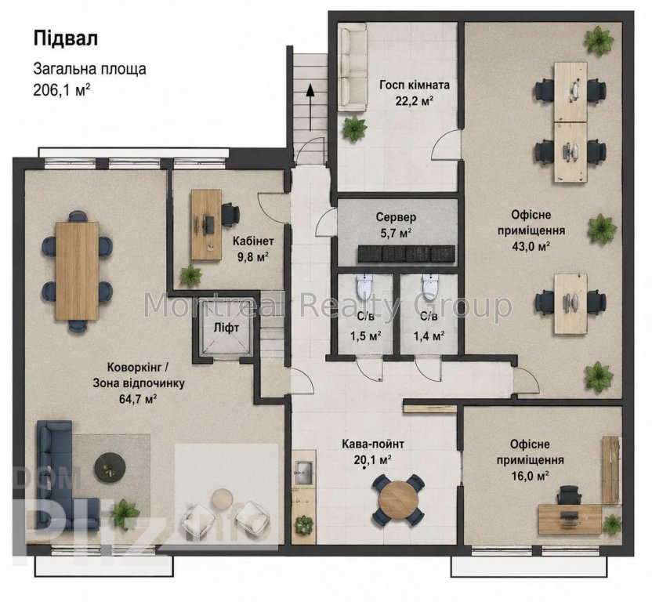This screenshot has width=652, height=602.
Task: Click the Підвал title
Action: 66,38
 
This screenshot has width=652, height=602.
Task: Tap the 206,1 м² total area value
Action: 63,89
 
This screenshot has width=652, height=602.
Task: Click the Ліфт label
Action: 226,328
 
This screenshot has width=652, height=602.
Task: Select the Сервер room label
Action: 396,217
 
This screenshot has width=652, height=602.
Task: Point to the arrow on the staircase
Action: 310,107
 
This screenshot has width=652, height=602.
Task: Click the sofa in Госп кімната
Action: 352,67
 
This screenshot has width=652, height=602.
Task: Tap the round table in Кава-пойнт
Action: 399,499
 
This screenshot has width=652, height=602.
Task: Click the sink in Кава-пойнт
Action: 303,473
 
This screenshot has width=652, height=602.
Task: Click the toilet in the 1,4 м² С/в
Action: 429,285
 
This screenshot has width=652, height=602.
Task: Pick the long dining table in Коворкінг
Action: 78,271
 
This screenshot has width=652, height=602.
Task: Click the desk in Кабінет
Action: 206,225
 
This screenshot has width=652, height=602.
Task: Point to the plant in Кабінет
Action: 191,275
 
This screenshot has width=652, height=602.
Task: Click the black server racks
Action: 406,254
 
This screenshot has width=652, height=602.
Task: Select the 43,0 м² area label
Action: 531,247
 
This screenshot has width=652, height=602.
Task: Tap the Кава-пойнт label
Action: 372,444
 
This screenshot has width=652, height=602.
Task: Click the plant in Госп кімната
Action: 354,128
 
